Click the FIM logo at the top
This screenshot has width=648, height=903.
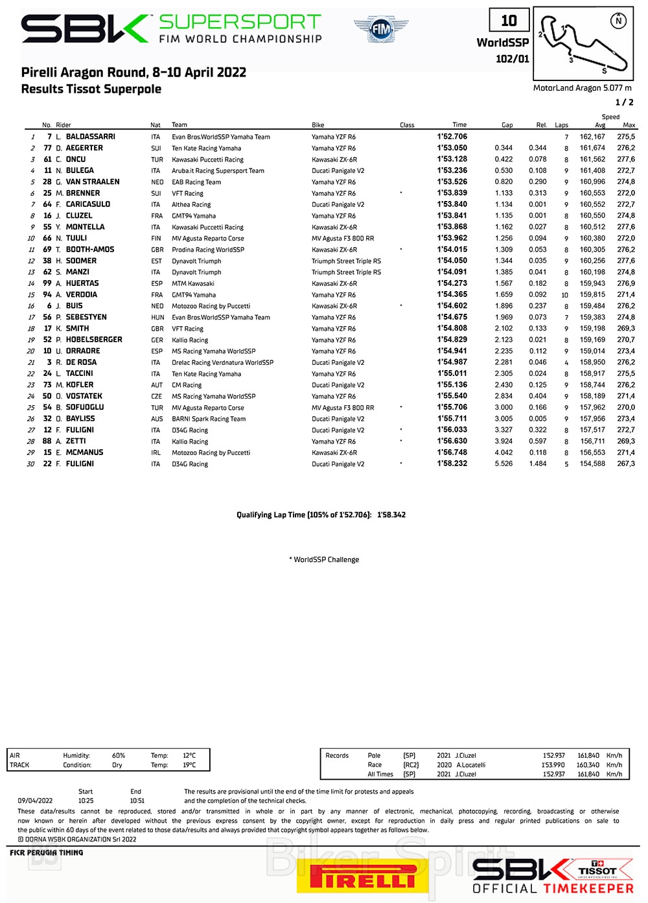coord(382,29)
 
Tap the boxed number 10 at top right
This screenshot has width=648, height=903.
coord(509,21)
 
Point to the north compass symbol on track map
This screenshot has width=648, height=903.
coord(619,21)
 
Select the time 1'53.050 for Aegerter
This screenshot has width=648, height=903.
coord(452,148)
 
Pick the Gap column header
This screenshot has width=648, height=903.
coord(507,125)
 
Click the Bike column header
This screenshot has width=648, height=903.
coord(318,125)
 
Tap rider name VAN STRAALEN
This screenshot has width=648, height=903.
coord(92,182)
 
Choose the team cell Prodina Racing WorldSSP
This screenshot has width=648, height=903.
coord(207,250)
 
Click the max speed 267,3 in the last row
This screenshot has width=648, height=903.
coord(626,464)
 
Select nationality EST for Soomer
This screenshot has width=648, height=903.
coord(156,261)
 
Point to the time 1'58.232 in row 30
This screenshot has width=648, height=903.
coord(452,464)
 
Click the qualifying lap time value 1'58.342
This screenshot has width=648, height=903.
coord(391,515)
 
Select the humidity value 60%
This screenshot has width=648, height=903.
coord(119,756)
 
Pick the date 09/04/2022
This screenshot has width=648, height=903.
coord(35,801)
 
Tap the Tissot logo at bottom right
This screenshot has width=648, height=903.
coord(597,871)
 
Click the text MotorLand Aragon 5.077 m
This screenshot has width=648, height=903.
coord(582,88)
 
